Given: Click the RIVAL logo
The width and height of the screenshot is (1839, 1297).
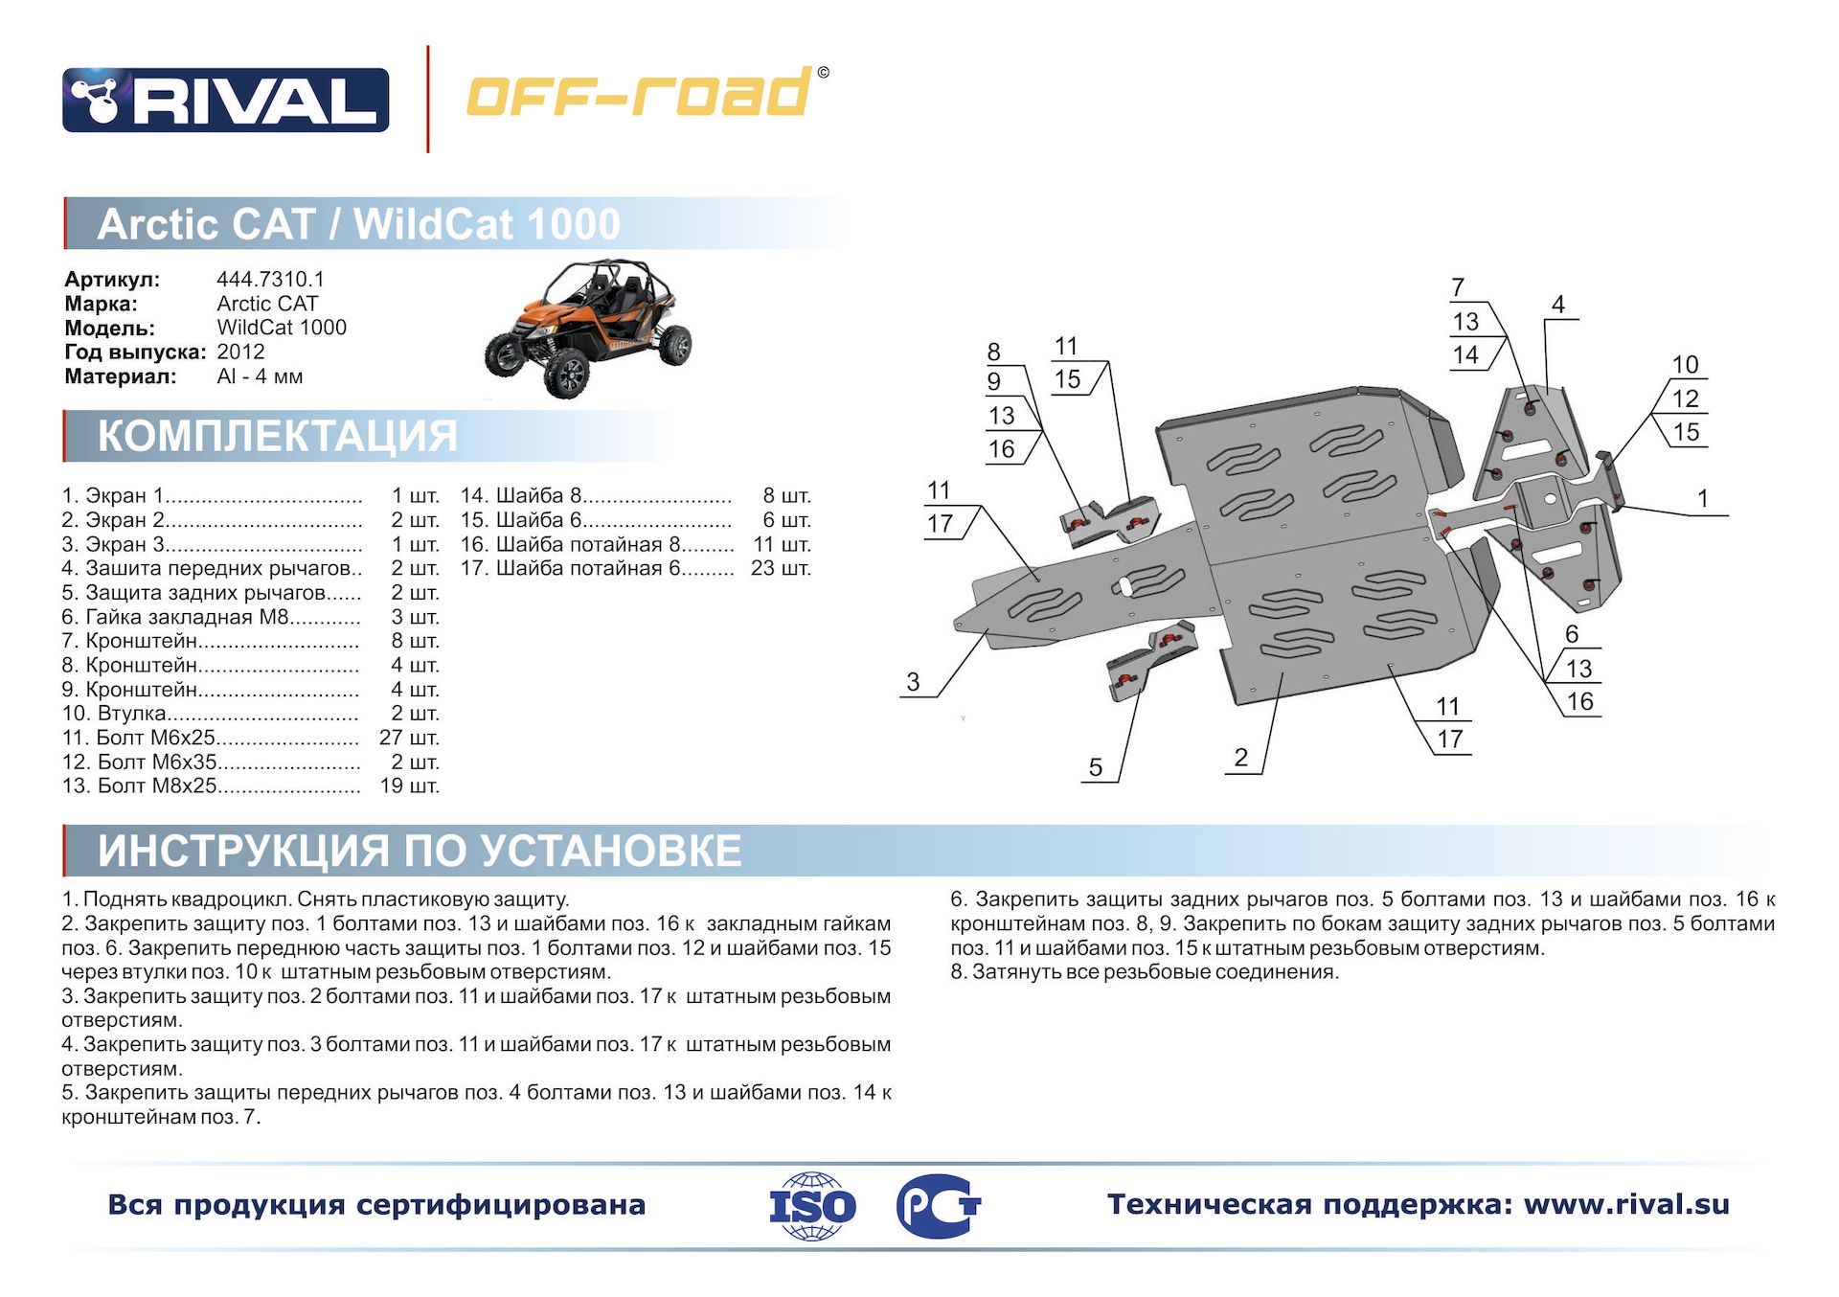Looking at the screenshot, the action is coord(226,100).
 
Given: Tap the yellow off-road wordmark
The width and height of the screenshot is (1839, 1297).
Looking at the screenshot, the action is coord(647,92).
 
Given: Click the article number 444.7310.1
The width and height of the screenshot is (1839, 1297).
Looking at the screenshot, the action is coord(270,279).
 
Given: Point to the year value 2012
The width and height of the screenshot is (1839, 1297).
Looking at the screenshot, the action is coord(240,352).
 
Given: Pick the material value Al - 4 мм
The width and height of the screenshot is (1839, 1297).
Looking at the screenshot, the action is coord(260,376).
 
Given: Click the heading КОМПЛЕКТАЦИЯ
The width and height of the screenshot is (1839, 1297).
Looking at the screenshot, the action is coord(278,436).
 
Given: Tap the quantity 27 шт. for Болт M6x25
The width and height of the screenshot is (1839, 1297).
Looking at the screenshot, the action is coord(409,738).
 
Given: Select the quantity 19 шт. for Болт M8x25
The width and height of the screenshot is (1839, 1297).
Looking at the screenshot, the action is coord(409,785).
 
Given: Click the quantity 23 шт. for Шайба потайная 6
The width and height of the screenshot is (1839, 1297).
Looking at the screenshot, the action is coord(781,568).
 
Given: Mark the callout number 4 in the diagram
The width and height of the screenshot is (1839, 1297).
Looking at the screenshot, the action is coord(1558,304).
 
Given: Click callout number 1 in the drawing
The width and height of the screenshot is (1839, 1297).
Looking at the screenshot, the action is coord(1703,498).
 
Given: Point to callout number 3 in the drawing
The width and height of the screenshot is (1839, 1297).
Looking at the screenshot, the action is coord(913,682).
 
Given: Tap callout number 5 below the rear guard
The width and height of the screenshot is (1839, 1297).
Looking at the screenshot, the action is coord(1096,767).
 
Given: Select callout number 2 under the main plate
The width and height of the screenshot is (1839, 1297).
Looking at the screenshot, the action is coord(1241,758).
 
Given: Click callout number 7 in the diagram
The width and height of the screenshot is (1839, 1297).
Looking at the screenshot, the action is coord(1458,287).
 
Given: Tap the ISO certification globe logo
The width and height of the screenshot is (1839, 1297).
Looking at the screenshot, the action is coord(812,1206).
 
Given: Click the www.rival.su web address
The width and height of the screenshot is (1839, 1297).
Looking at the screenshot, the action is coord(1626,1204).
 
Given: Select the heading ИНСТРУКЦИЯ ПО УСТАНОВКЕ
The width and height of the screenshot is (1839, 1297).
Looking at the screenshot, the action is coord(420,851).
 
